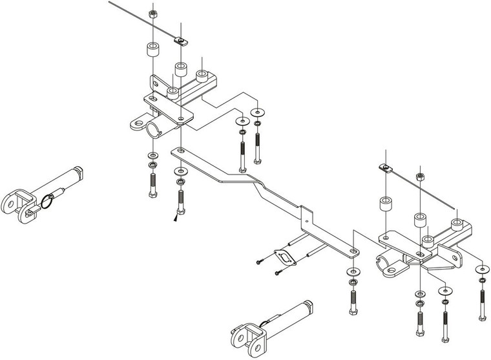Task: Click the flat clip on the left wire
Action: click(180, 42)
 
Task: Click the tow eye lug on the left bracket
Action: click(138, 122)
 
